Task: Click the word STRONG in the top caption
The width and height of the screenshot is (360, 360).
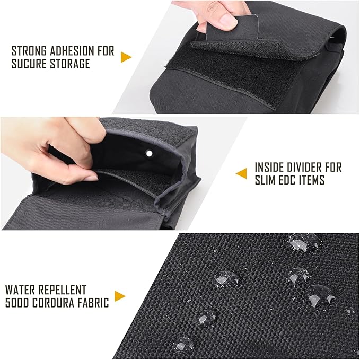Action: pyautogui.click(x=29, y=51)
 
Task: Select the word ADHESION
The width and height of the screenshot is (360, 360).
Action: pyautogui.click(x=73, y=51)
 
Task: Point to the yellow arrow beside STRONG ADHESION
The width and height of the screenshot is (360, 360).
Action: pyautogui.click(x=126, y=57)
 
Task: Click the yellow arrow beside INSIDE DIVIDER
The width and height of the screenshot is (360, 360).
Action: pyautogui.click(x=241, y=173)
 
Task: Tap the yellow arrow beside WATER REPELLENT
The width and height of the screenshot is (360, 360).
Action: pyautogui.click(x=120, y=296)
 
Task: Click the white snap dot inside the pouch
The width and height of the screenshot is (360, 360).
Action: pyautogui.click(x=150, y=153)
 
